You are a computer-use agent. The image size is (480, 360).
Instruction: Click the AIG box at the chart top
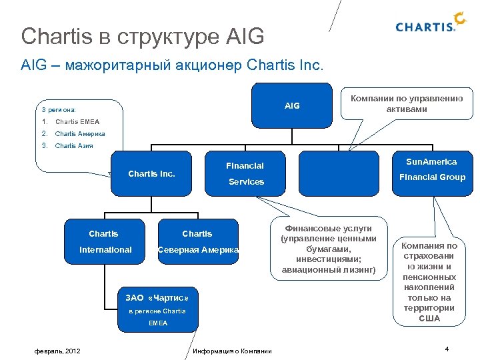(292, 105)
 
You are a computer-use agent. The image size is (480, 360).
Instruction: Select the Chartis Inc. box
(151, 174)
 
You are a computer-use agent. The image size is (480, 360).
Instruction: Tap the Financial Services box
(245, 173)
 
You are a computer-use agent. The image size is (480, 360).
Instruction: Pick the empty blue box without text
(338, 173)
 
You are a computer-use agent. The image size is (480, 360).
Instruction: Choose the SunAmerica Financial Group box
(432, 170)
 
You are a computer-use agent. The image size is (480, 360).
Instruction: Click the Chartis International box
(105, 242)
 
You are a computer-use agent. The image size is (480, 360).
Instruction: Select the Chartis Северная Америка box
(197, 242)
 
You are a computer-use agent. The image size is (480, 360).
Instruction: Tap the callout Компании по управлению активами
(407, 103)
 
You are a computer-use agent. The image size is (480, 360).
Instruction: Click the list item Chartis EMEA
(77, 122)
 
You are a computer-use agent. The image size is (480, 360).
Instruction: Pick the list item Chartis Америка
(80, 134)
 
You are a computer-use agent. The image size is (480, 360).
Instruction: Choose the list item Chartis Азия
(74, 146)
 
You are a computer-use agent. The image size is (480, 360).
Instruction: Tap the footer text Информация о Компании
(231, 351)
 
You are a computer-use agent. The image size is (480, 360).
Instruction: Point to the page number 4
(446, 349)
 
